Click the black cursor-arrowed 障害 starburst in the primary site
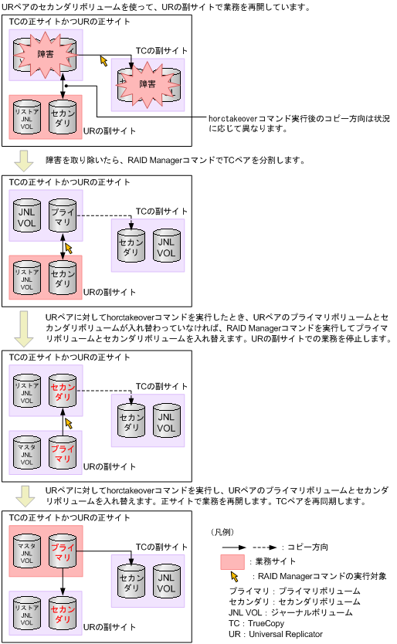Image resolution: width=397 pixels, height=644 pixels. coord(45,54)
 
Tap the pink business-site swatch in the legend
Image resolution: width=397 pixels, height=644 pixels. coord(232,561)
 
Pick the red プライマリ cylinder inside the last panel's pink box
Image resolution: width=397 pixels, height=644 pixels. coord(62,553)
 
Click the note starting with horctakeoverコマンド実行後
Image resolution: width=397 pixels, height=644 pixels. coord(299,124)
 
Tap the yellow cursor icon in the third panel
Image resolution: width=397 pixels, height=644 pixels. coord(71,423)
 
